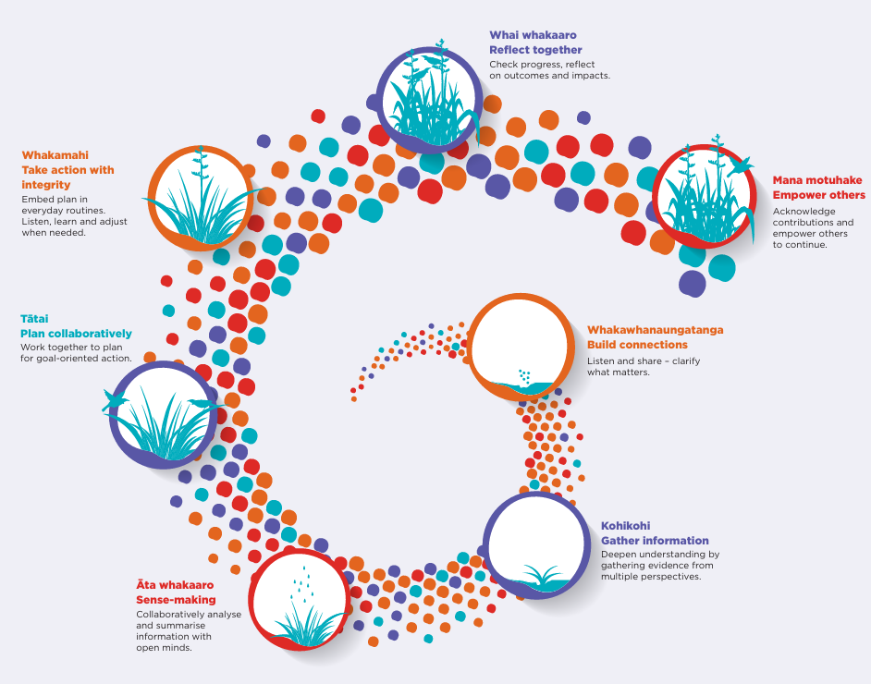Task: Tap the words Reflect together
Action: [x=535, y=49]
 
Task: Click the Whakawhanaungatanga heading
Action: [x=655, y=330]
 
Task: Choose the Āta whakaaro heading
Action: [x=175, y=585]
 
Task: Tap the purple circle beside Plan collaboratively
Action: [x=163, y=413]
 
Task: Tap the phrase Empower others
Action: [x=818, y=195]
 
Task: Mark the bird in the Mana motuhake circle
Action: [x=739, y=165]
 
